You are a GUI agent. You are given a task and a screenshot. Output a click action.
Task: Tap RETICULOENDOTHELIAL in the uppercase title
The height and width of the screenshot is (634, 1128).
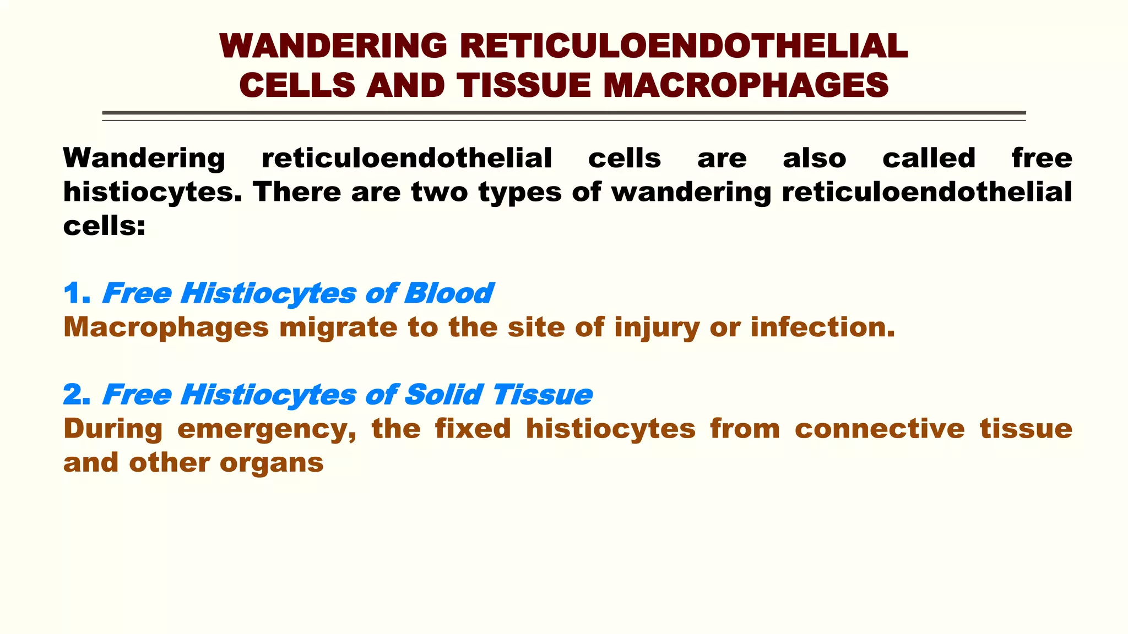pyautogui.click(x=684, y=46)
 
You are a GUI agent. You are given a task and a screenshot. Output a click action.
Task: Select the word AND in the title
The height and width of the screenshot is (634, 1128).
pyautogui.click(x=405, y=86)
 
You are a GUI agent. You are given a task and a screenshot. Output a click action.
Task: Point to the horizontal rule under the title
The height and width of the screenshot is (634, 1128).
pyautogui.click(x=563, y=114)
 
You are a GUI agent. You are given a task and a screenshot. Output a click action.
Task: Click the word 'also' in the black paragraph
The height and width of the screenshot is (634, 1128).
pyautogui.click(x=814, y=158)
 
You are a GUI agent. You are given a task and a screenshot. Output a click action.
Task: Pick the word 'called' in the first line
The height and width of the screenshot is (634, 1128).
pyautogui.click(x=929, y=158)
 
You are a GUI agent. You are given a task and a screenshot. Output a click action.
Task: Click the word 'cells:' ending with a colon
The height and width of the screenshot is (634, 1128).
pyautogui.click(x=104, y=226)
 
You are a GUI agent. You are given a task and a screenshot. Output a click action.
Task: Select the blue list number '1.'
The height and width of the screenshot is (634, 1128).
pyautogui.click(x=77, y=293)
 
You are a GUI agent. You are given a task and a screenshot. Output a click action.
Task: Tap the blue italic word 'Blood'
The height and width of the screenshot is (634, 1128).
pyautogui.click(x=448, y=293)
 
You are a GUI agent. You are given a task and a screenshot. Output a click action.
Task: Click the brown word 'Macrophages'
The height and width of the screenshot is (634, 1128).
pyautogui.click(x=166, y=327)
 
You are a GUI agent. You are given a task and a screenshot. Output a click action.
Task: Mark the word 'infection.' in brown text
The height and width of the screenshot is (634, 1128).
pyautogui.click(x=822, y=327)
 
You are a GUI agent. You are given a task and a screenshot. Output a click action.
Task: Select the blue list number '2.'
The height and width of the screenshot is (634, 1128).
pyautogui.click(x=77, y=395)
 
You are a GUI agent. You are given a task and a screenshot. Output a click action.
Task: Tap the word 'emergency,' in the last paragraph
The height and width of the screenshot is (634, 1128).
pyautogui.click(x=267, y=430)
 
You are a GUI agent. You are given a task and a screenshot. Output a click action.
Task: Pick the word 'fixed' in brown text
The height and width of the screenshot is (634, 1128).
pyautogui.click(x=473, y=429)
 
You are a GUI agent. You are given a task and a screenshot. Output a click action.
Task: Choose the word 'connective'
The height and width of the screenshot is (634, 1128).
pyautogui.click(x=880, y=429)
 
